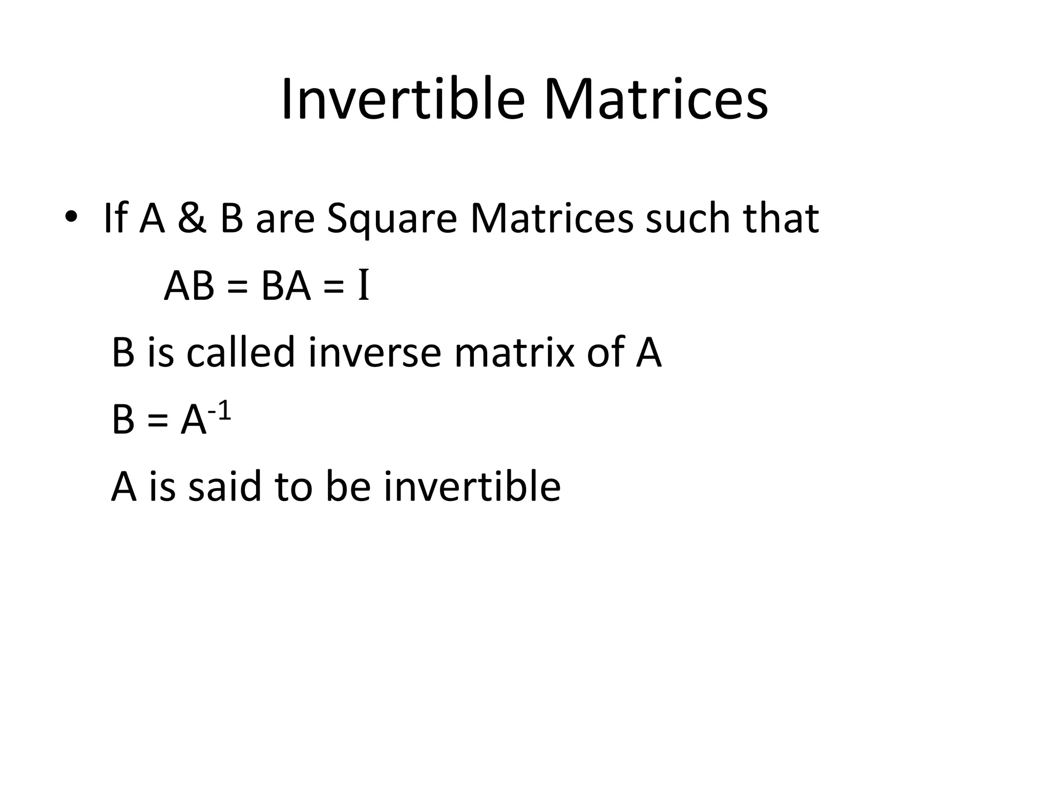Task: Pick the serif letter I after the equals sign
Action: [363, 286]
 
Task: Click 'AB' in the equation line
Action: [188, 286]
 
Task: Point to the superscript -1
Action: [219, 411]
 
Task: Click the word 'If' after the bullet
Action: [115, 219]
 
